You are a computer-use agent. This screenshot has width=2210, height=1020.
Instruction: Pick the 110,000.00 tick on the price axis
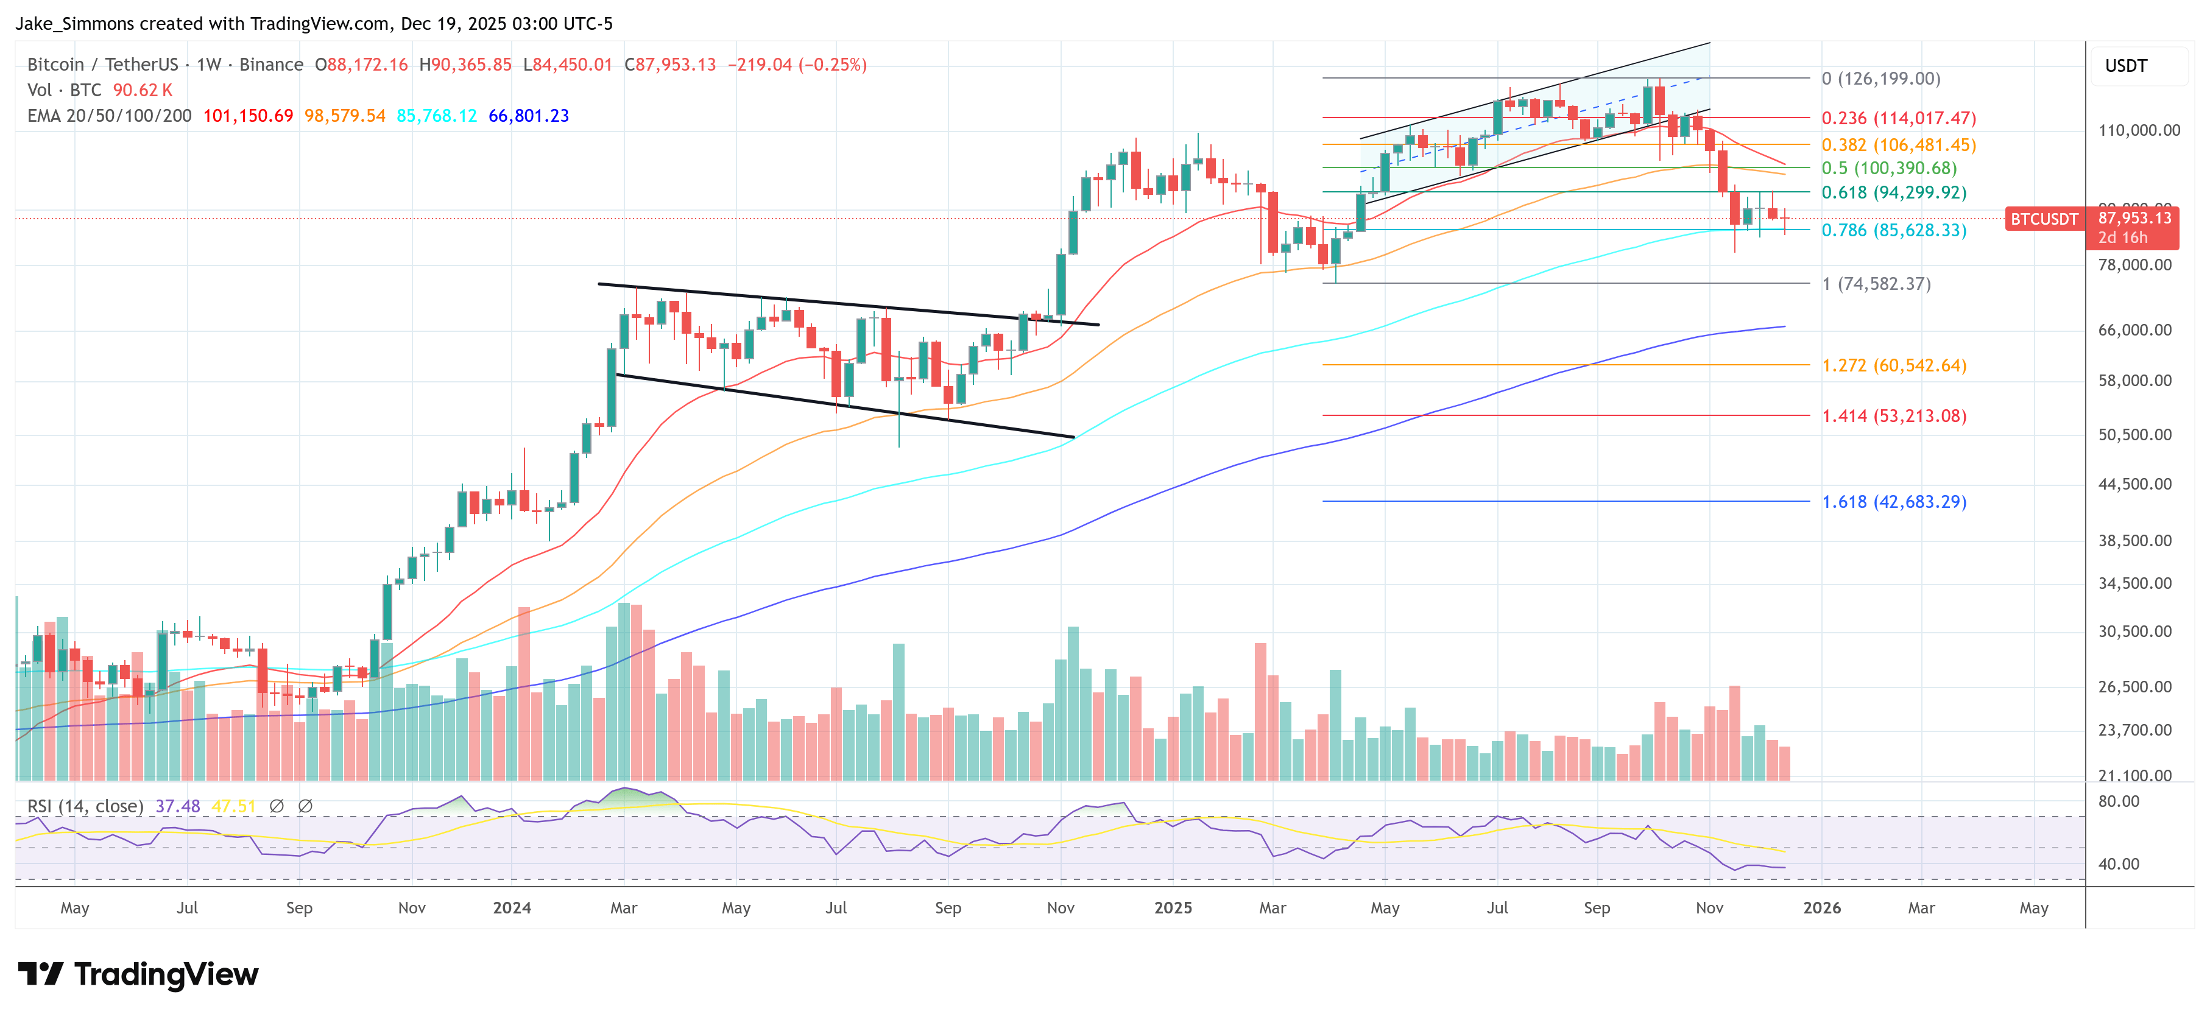[2138, 130]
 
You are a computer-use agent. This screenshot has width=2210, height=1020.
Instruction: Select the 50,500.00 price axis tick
[2134, 435]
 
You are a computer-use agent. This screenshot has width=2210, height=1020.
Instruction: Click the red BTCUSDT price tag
[2044, 220]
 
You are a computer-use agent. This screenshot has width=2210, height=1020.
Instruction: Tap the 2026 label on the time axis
[1821, 907]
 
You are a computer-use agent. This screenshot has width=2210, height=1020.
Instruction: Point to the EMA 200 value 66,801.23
[529, 116]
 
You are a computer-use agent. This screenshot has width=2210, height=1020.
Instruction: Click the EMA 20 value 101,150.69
[248, 116]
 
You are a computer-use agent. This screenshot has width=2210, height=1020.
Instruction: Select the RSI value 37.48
[178, 806]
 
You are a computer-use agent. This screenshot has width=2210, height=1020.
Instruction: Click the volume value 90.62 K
[143, 90]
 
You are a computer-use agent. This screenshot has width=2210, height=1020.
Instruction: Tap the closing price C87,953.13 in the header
[669, 65]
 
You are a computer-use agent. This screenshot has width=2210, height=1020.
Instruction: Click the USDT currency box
[2126, 66]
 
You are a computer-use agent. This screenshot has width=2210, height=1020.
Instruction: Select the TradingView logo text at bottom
[166, 974]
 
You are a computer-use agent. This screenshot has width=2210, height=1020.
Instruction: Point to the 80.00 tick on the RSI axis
[2118, 801]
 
